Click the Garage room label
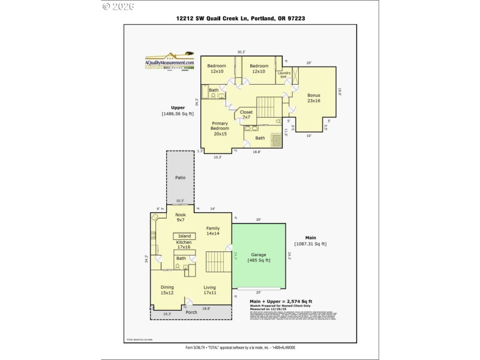[259, 257]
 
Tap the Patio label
[181, 178]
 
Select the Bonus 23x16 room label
[314, 98]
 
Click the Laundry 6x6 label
[284, 75]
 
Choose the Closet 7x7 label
[247, 114]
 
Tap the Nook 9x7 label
[180, 217]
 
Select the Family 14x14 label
[213, 231]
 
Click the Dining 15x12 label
[167, 290]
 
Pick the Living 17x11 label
[209, 290]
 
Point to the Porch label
[191, 312]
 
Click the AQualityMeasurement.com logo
[170, 61]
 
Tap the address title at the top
[239, 19]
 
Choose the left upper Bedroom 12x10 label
[217, 68]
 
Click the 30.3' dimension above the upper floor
[241, 52]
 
